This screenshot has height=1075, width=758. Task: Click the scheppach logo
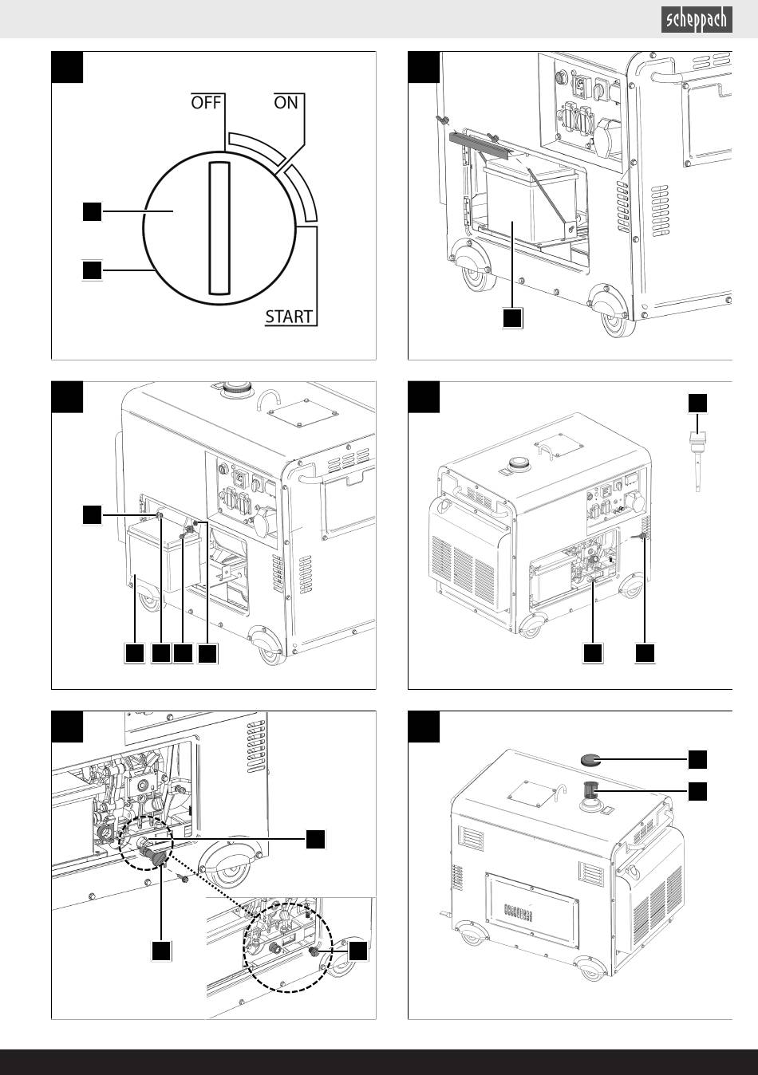[x=697, y=20]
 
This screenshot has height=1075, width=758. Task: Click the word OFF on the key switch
[x=206, y=102]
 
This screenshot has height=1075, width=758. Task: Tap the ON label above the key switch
[x=286, y=102]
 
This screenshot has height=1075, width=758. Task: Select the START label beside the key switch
[x=289, y=317]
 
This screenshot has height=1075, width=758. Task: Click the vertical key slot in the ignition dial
[x=219, y=227]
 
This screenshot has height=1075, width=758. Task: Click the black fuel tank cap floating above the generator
[x=591, y=760]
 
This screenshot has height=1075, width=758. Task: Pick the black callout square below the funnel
[x=161, y=951]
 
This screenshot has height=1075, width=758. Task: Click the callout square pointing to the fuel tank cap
[x=697, y=760]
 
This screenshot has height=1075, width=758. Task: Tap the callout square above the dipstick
[x=697, y=404]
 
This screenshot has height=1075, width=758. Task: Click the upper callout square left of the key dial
[x=93, y=211]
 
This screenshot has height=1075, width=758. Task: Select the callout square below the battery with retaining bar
[x=513, y=318]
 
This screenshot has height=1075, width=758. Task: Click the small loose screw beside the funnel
[x=184, y=878]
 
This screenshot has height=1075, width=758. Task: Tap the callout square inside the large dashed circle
[x=357, y=951]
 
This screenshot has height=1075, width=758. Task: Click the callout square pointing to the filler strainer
[x=697, y=791]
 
